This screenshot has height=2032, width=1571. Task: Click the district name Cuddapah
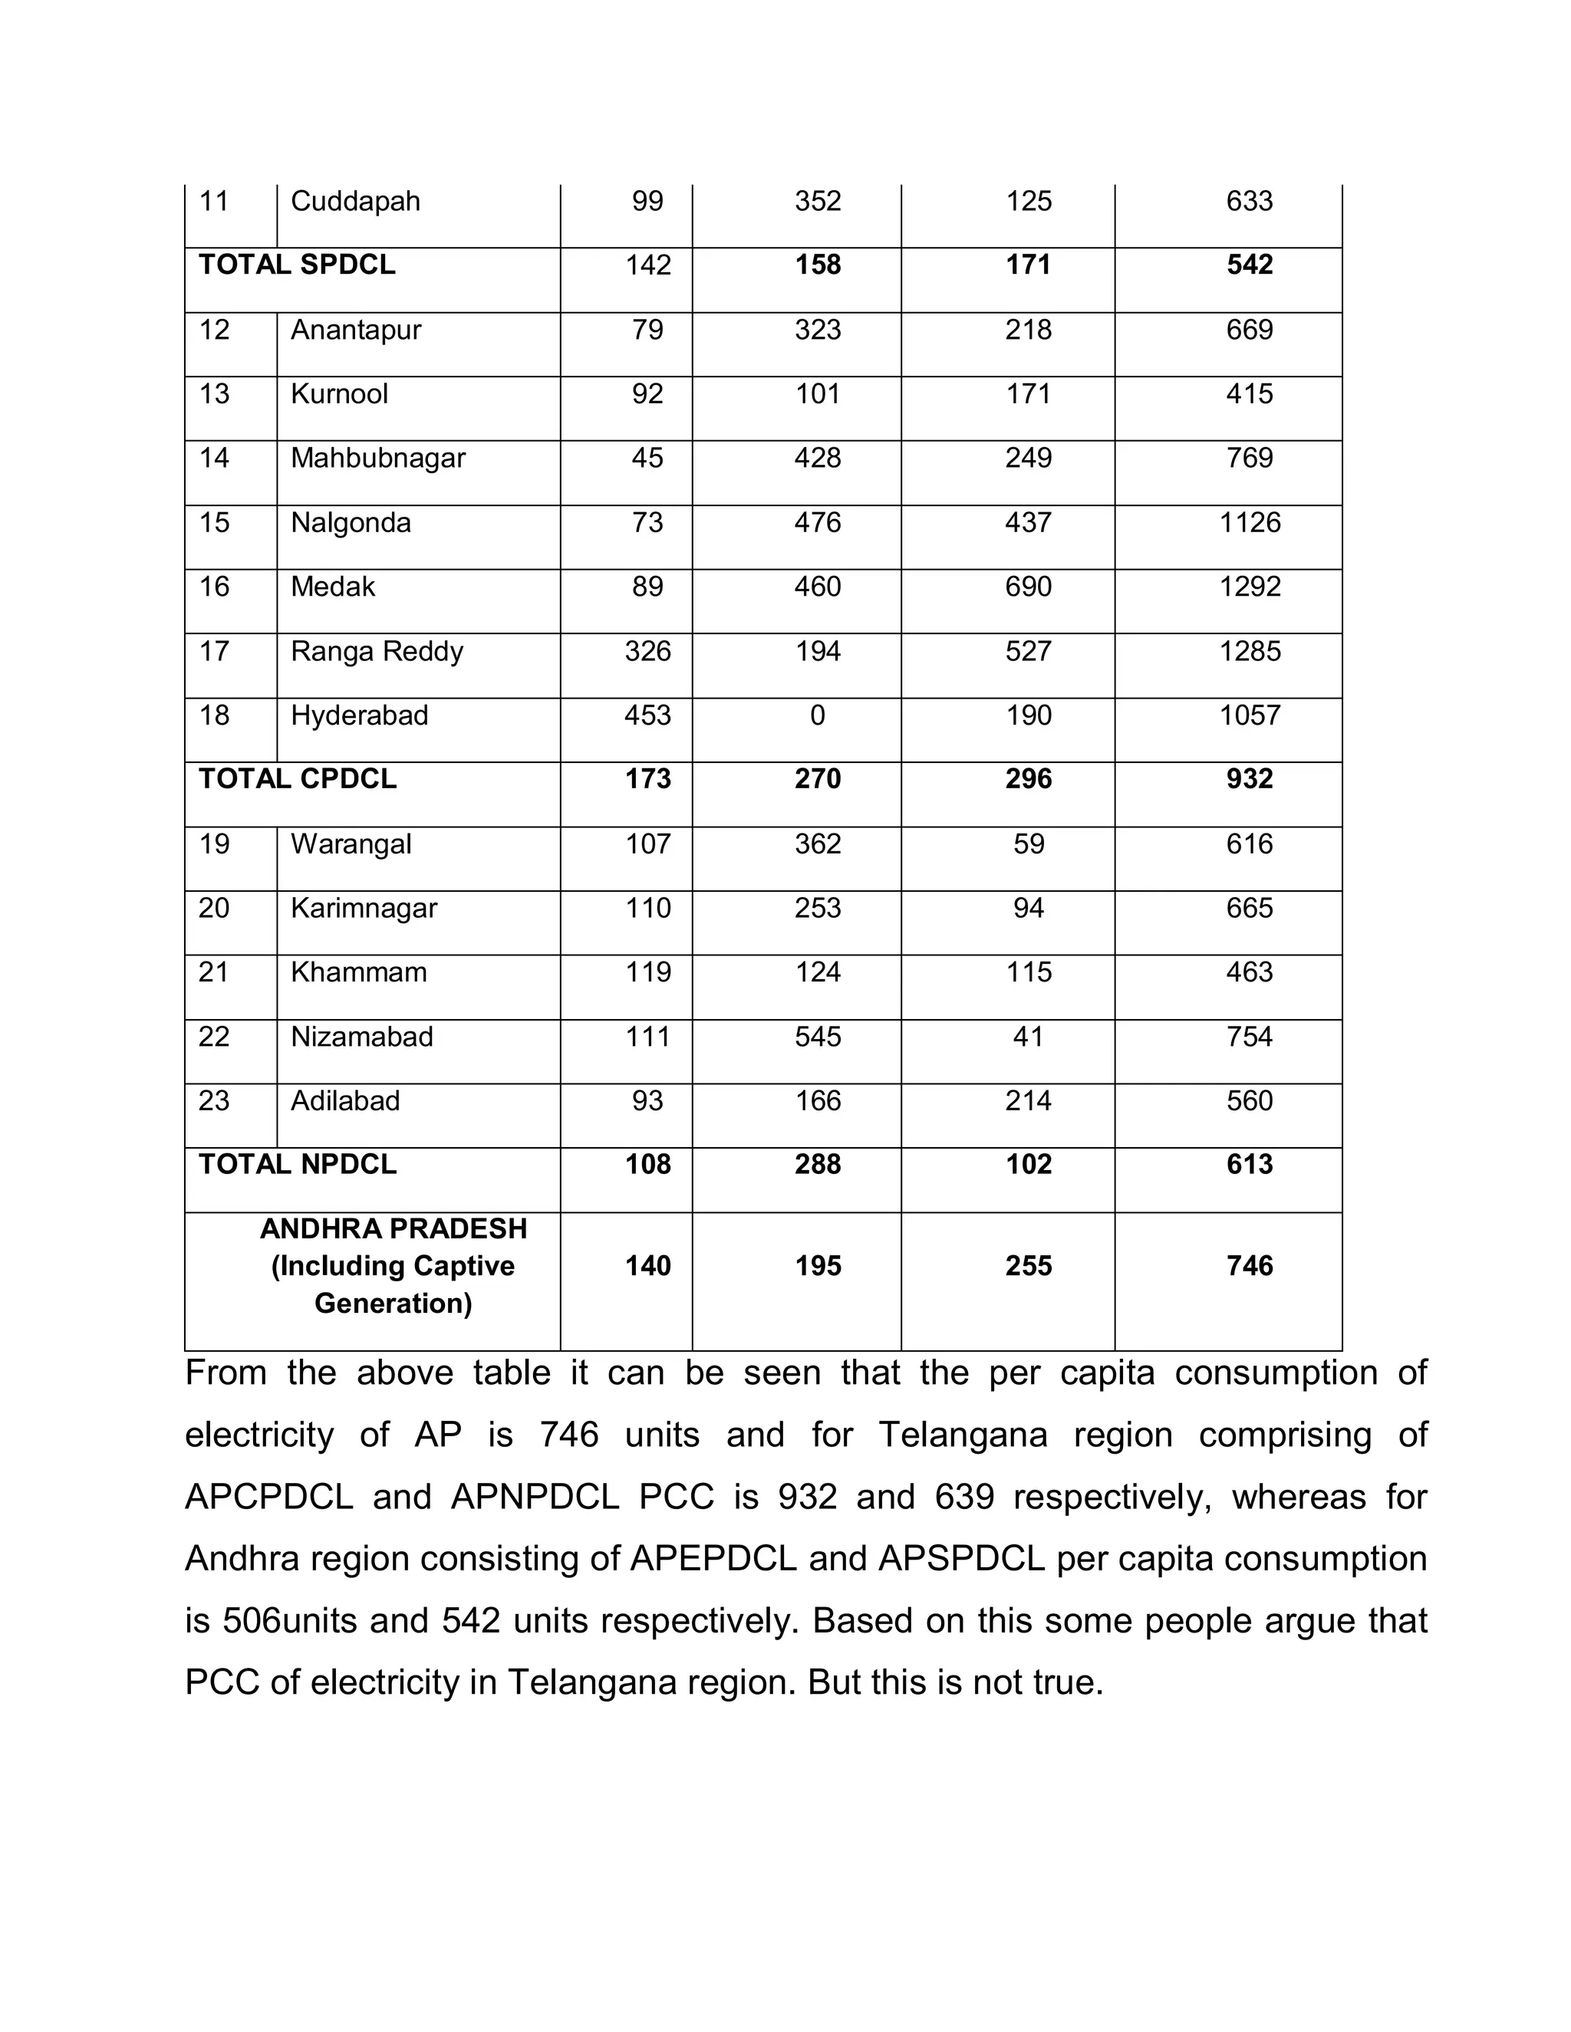(x=354, y=201)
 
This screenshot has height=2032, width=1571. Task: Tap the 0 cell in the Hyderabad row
(x=817, y=715)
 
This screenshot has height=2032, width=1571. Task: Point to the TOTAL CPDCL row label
(x=297, y=779)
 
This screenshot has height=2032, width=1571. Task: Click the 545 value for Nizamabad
(x=817, y=1037)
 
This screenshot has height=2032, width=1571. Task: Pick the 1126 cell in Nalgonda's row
(x=1249, y=522)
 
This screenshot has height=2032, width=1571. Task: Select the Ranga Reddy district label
(x=376, y=651)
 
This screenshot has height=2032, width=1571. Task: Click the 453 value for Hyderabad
(x=647, y=715)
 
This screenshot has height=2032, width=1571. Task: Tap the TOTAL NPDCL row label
(x=297, y=1164)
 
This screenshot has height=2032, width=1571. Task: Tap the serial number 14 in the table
(x=214, y=458)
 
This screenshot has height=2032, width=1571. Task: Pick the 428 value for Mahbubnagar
(x=817, y=458)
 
